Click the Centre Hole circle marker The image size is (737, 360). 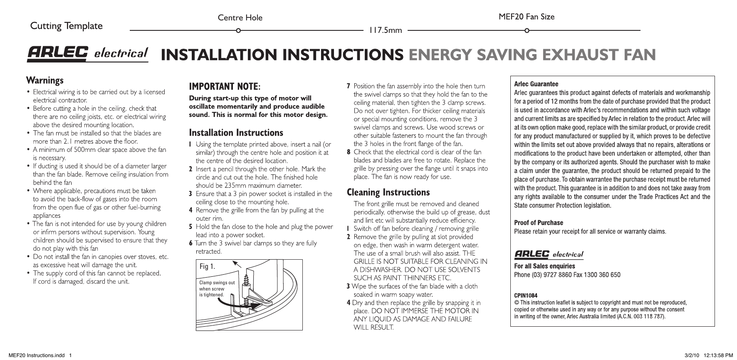pos(238,31)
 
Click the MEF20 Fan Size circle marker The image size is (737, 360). pos(527,31)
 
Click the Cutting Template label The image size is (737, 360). pos(66,26)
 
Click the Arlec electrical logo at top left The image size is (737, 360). pos(87,54)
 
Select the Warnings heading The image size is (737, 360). pos(45,80)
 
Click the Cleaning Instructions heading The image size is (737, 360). pos(388,192)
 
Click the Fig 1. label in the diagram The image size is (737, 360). pos(207,266)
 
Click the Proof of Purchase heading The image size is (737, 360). pos(538,223)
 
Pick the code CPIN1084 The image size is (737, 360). pos(526,295)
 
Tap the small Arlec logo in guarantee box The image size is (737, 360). pos(549,254)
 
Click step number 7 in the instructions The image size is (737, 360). pos(349,86)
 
